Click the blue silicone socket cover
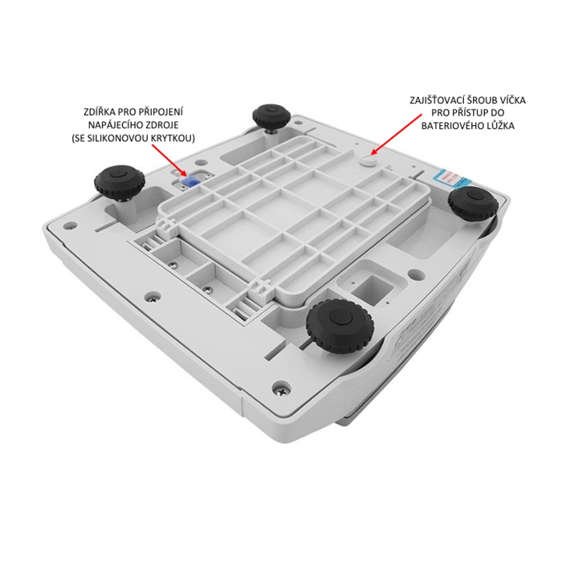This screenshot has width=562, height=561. click(x=188, y=179)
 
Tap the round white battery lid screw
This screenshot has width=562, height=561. click(x=367, y=161)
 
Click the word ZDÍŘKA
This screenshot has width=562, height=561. click(x=100, y=112)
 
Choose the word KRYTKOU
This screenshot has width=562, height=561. click(x=175, y=138)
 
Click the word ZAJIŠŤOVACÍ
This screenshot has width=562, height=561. click(x=437, y=100)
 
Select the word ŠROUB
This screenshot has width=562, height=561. click(x=482, y=100)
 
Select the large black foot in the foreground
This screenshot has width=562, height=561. click(x=340, y=324)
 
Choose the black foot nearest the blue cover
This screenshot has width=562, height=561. click(x=119, y=181)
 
